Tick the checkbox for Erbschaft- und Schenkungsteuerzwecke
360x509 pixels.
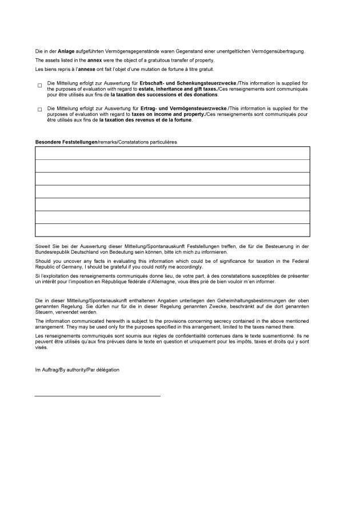click(x=40, y=86)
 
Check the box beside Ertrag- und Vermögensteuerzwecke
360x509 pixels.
click(x=40, y=110)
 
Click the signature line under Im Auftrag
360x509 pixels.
click(x=98, y=395)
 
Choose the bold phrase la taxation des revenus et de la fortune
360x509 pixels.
click(x=145, y=120)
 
